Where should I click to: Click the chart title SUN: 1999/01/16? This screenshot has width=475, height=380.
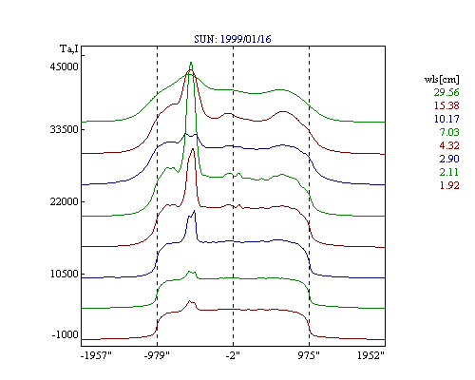[x=233, y=39]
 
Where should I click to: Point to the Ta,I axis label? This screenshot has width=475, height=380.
[x=69, y=49]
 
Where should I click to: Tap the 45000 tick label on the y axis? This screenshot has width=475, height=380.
[x=64, y=66]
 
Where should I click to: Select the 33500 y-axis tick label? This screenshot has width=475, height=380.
[x=64, y=129]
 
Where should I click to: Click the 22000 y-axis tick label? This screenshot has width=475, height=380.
[x=64, y=201]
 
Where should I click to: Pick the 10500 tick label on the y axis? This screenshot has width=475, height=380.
[x=64, y=274]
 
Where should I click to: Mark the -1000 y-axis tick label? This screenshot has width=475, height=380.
[x=65, y=334]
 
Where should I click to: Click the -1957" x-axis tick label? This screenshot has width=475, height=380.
[x=96, y=355]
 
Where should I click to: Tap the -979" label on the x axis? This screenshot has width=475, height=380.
[x=157, y=355]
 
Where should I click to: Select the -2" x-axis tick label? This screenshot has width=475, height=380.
[x=233, y=355]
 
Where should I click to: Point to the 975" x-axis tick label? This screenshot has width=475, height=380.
[x=309, y=355]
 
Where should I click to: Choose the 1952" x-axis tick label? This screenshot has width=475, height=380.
[x=370, y=355]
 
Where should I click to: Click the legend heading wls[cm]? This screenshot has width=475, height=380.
[x=442, y=79]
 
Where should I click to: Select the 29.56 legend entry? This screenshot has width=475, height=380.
[x=446, y=92]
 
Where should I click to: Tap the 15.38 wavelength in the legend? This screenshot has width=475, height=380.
[x=446, y=105]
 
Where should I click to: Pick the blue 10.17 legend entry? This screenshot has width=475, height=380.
[x=446, y=119]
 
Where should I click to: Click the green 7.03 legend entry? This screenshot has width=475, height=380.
[x=449, y=132]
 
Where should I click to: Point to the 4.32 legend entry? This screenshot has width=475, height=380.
[x=449, y=145]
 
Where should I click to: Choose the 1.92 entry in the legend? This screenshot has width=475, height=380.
[x=449, y=185]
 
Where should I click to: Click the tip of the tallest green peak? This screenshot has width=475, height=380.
[x=191, y=62]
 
